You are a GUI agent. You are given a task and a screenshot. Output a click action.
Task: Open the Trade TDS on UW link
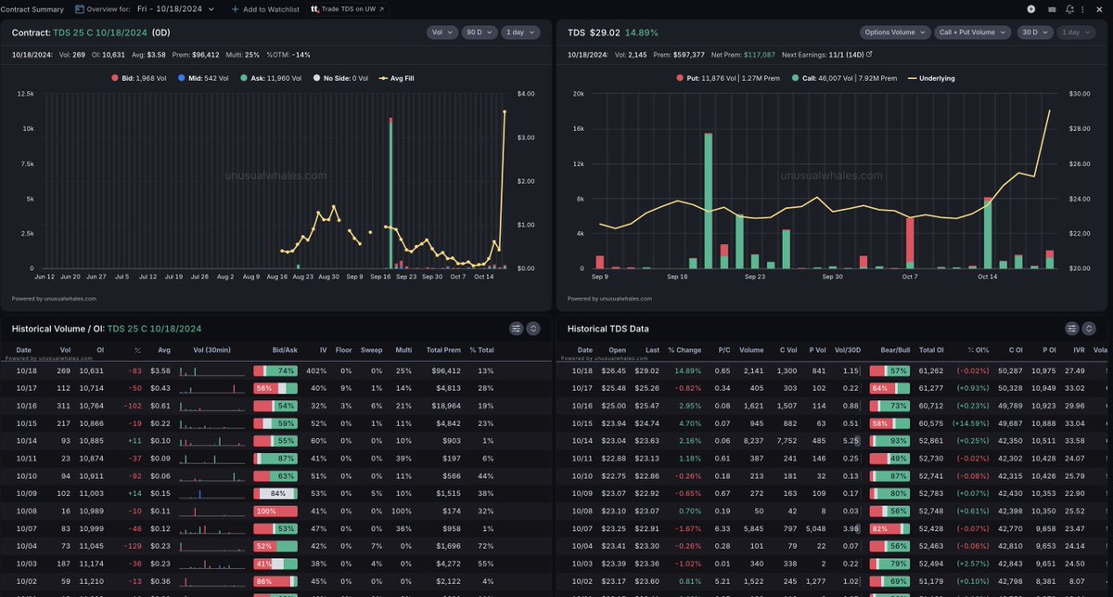pos(348,8)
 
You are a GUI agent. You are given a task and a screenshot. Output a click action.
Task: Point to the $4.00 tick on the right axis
pos(526,95)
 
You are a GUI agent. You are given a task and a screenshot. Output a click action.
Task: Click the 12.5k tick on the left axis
pos(26,95)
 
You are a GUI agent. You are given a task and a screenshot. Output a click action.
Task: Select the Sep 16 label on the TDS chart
pos(679,277)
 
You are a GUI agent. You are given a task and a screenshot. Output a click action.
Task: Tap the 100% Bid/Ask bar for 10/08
pos(275,485)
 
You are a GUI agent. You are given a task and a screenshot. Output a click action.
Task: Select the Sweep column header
pos(376,350)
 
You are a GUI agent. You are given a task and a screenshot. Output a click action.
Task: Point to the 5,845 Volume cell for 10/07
pos(752,502)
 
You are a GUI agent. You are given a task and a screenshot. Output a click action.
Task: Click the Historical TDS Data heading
pos(608,329)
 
